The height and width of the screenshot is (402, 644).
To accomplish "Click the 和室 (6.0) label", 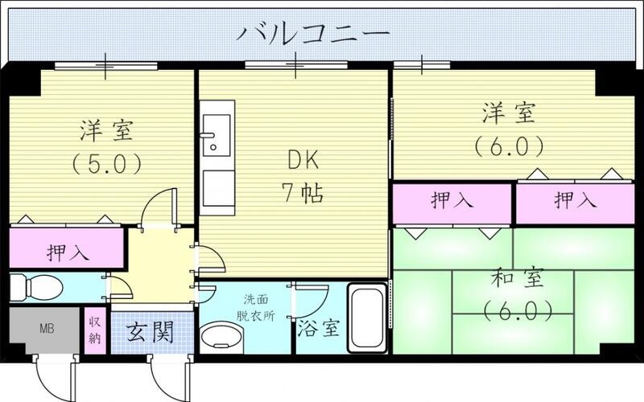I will point(518,294).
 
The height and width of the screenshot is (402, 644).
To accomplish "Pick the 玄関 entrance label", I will point(151,331).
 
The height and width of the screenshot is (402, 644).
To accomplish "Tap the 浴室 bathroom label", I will point(317,330).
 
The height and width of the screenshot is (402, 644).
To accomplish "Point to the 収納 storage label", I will point(95,330).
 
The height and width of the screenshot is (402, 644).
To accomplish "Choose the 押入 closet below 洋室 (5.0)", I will point(66,250).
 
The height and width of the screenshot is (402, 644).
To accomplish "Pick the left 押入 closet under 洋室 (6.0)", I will point(451,202).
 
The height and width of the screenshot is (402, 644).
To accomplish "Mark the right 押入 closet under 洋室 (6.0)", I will point(575,202).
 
